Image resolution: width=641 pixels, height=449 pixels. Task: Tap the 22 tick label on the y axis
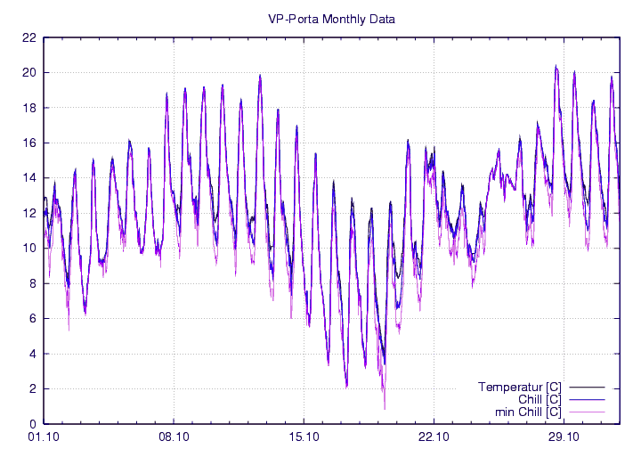[29, 38]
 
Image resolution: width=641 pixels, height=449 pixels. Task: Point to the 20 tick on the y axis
[29, 73]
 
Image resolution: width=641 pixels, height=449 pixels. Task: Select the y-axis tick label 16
[29, 143]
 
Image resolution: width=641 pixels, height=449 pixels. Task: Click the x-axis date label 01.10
[44, 437]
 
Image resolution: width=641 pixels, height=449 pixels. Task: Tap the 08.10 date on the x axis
[174, 437]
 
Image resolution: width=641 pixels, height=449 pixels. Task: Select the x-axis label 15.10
[304, 437]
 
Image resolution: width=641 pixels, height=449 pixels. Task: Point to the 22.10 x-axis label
[434, 437]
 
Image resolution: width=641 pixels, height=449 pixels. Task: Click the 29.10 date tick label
[564, 437]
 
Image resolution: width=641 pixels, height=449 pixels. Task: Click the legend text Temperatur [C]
[519, 387]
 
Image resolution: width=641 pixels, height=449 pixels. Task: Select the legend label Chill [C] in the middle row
[539, 399]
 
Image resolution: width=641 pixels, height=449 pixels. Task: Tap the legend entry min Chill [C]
[528, 412]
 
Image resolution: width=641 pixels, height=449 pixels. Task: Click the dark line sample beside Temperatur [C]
[588, 387]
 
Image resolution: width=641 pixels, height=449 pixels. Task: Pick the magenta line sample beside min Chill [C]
[588, 412]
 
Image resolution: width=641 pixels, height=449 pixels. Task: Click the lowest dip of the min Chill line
[385, 409]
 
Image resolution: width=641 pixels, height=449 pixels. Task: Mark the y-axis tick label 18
[29, 108]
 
